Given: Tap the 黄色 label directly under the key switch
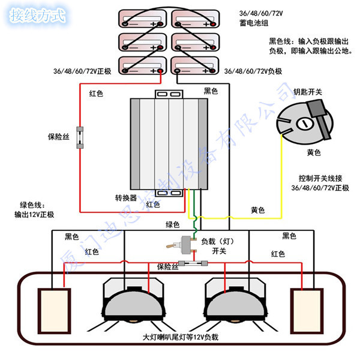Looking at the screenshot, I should pos(313,153).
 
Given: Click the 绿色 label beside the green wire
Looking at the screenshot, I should pos(173,225).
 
